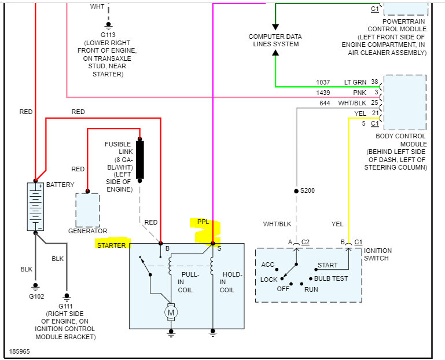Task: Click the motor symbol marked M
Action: click(x=171, y=313)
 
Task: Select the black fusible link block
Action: click(x=139, y=159)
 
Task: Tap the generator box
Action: click(x=87, y=210)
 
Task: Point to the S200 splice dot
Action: click(x=296, y=190)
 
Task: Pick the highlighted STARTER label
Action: click(x=111, y=245)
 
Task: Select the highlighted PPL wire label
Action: click(x=203, y=222)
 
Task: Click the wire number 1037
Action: click(x=323, y=82)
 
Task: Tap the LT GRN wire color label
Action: click(x=355, y=82)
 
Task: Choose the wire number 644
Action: click(x=325, y=103)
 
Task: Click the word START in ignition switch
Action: click(x=328, y=266)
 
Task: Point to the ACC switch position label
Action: click(x=268, y=265)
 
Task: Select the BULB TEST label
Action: click(x=331, y=278)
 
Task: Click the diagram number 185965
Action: click(x=20, y=351)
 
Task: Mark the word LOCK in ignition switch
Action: click(x=269, y=280)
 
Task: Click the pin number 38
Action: click(x=374, y=82)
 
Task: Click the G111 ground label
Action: click(x=65, y=305)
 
